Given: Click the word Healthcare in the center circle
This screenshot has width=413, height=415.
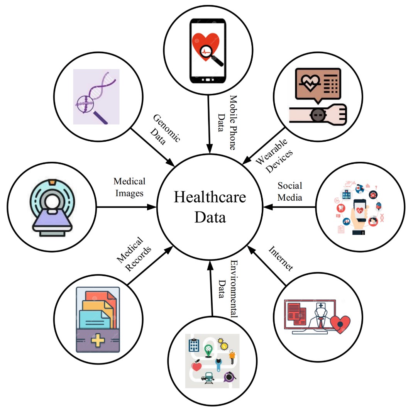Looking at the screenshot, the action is coord(210,197).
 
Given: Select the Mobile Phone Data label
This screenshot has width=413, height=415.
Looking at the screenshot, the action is coord(227,122).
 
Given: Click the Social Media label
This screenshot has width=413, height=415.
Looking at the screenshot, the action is coord(290,191).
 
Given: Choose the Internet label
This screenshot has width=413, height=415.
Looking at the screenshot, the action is coord(281,258).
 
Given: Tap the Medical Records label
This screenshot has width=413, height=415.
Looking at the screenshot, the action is coord(134,254).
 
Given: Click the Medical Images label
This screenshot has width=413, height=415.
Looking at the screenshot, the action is coord(129,187).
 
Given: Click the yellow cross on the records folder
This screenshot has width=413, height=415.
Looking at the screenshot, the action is coord(98,340).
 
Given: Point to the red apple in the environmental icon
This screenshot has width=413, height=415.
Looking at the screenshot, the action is coord(196,366).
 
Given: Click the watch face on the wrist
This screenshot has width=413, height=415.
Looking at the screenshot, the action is coord(318,115).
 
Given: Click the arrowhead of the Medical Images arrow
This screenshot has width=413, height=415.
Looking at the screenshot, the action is coord(152,207).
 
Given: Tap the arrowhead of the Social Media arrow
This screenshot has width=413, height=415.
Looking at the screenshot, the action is coord(268,207).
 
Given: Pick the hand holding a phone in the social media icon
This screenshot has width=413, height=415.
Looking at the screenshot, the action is coord(359,216).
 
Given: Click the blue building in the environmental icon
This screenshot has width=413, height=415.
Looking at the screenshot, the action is coord(194,345).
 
